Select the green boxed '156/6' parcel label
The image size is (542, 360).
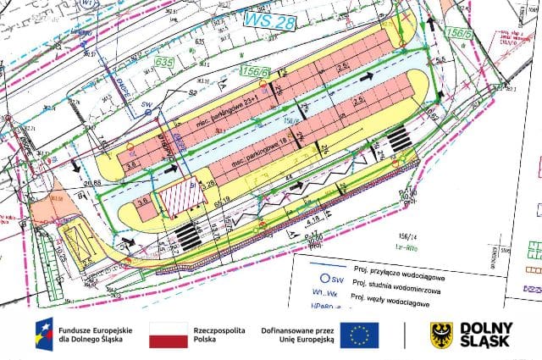(255, 73)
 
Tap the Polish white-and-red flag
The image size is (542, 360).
(168, 335)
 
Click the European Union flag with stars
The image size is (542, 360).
(361, 335)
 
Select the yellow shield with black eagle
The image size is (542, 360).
(441, 335)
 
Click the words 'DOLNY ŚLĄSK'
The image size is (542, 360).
(485, 335)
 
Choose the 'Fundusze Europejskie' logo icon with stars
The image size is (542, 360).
(43, 335)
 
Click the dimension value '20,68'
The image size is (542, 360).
(91, 183)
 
